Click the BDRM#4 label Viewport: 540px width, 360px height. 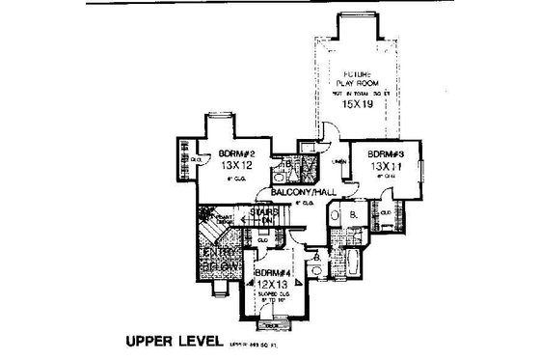tap(276, 273)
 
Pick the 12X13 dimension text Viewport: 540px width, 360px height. tap(276, 285)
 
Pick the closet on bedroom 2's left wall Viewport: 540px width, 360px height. tap(181, 156)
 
